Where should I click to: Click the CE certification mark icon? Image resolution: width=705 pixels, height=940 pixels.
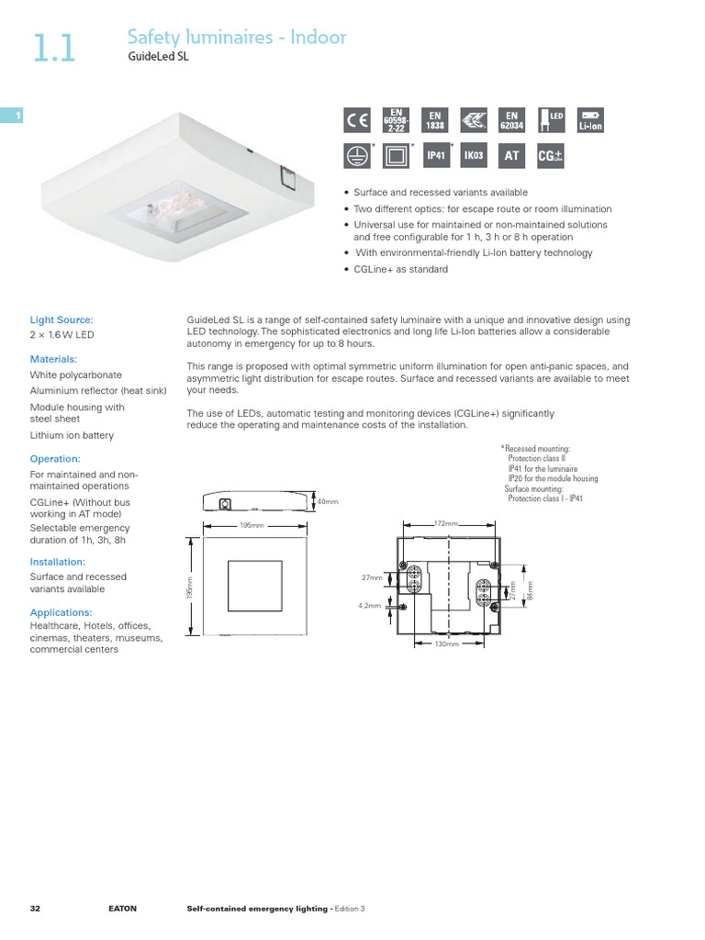[356, 119]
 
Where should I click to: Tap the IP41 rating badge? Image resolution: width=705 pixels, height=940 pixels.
[435, 156]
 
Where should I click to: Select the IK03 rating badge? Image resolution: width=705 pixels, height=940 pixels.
[474, 156]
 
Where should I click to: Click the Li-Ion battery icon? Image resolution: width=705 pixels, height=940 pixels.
[590, 119]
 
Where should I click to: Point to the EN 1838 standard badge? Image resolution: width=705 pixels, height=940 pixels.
[435, 119]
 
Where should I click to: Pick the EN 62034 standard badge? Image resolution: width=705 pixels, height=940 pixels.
[512, 119]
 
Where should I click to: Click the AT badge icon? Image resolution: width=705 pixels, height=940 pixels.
[512, 156]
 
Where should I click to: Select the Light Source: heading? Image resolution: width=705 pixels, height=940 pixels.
[62, 319]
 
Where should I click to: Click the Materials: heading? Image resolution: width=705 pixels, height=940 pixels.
[53, 359]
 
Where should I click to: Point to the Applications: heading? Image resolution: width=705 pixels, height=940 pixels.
[61, 611]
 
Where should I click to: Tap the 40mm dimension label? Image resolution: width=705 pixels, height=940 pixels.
[328, 502]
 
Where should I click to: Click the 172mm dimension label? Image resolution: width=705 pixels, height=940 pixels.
[445, 522]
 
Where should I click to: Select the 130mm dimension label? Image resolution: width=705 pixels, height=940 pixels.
[446, 644]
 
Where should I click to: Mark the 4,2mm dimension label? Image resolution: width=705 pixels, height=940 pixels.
[369, 606]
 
